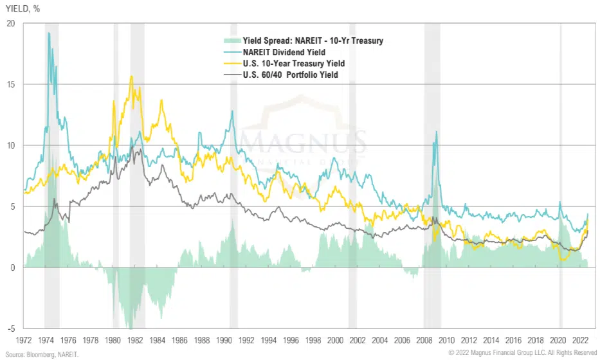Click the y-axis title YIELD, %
tap(19, 8)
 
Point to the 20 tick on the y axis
tap(10, 23)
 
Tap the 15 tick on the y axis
tap(10, 84)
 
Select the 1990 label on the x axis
tap(224, 339)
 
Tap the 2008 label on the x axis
tap(424, 339)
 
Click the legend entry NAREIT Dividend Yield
tap(284, 52)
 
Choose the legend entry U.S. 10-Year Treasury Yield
tap(294, 64)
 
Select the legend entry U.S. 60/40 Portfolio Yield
tap(291, 75)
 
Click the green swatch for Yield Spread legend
tap(227, 41)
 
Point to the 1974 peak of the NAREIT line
tap(49, 33)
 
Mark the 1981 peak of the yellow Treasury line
tap(131, 76)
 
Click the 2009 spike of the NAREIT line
tap(437, 132)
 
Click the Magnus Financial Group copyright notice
tap(522, 352)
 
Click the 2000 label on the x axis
tap(336, 339)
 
